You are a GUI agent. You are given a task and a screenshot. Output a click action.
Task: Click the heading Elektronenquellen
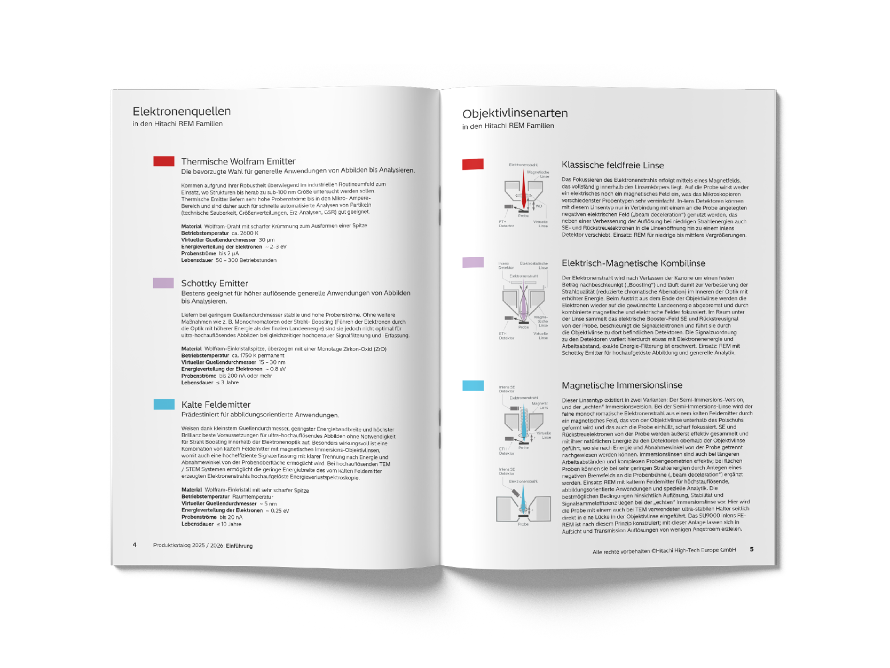182,111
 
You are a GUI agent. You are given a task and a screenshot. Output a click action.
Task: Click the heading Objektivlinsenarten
515,113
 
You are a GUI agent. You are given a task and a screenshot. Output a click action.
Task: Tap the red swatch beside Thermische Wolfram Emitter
164,161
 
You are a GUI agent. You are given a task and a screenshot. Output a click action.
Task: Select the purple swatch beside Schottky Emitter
163,283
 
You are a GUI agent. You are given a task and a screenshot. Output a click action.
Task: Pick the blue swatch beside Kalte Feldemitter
164,404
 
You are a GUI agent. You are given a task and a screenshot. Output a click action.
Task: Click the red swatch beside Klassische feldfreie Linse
473,164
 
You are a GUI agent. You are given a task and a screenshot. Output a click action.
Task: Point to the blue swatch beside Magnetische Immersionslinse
473,385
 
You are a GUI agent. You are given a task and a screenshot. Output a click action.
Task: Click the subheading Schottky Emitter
215,283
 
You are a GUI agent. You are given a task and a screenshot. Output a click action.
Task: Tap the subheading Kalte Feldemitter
216,405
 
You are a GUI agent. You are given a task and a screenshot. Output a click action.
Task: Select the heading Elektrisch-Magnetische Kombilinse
633,263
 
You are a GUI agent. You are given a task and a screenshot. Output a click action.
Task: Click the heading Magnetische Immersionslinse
622,385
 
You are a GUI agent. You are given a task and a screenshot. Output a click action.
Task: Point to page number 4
135,545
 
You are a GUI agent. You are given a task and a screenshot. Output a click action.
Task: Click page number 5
752,549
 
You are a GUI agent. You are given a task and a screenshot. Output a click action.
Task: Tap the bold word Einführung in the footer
239,546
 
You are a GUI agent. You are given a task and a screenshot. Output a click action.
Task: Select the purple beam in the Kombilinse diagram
524,307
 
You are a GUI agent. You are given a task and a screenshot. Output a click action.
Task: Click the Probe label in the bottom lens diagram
523,524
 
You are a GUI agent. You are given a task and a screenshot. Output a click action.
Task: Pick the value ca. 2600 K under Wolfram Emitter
245,233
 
